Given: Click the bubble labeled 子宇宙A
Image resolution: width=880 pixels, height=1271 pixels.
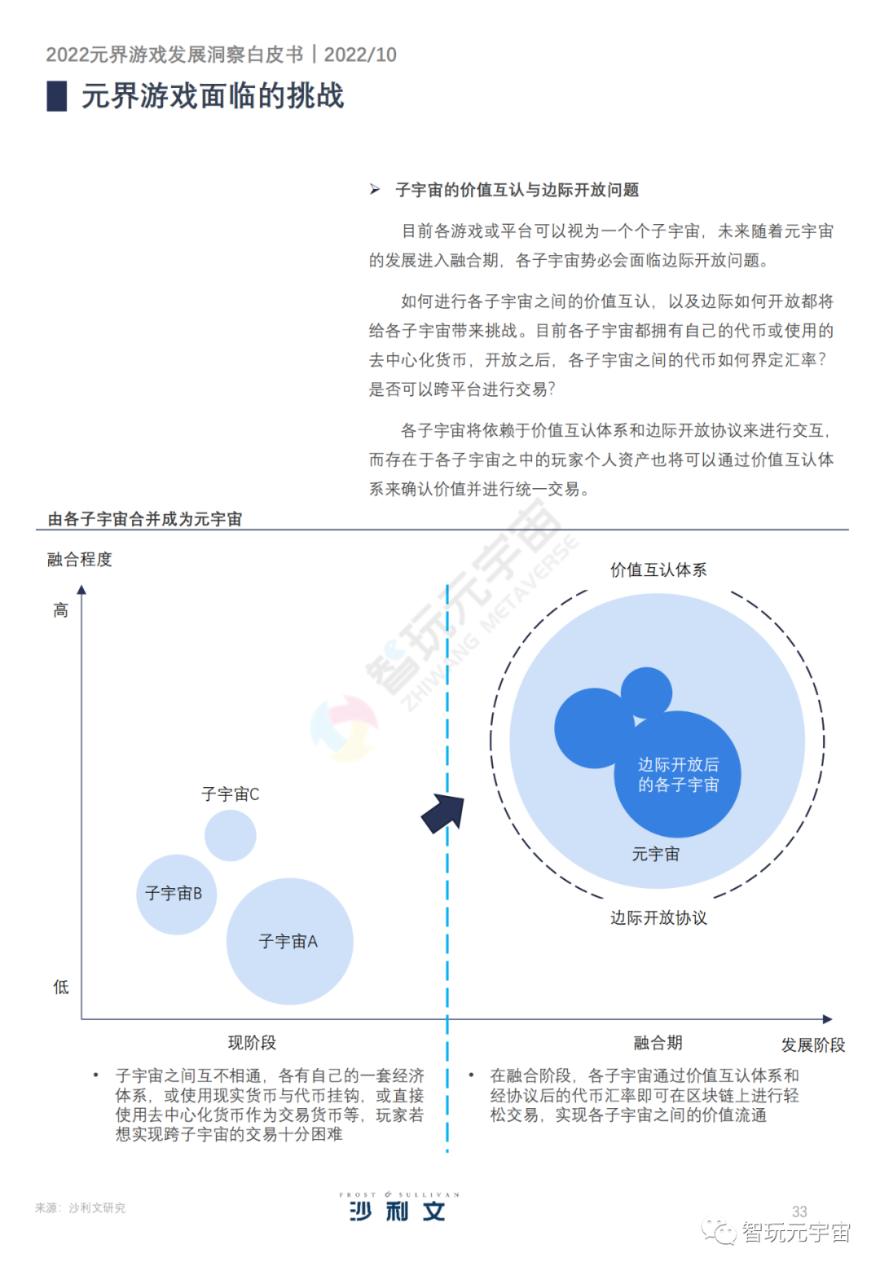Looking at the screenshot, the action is pyautogui.click(x=289, y=941).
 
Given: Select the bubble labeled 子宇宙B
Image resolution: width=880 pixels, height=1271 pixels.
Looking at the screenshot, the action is pyautogui.click(x=175, y=894).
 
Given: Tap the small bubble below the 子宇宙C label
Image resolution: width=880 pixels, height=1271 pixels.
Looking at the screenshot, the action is pyautogui.click(x=230, y=835).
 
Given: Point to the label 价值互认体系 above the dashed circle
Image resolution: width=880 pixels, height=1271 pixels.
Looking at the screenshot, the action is pyautogui.click(x=658, y=570).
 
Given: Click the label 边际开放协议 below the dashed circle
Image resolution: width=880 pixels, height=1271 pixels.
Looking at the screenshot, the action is pyautogui.click(x=658, y=917).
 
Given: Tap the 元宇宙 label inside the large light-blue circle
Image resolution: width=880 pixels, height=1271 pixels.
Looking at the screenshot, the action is pyautogui.click(x=655, y=854).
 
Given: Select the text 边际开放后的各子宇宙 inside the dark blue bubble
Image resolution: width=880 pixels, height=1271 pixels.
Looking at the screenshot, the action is pyautogui.click(x=678, y=774).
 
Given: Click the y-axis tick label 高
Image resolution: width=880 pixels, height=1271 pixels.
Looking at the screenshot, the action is pyautogui.click(x=61, y=610).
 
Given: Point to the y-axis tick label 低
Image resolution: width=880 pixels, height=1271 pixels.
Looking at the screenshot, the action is pyautogui.click(x=61, y=987).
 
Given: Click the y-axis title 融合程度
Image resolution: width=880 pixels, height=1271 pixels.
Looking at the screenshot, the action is pyautogui.click(x=80, y=559).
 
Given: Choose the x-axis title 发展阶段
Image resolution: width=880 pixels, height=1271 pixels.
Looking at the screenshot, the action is pyautogui.click(x=812, y=1045).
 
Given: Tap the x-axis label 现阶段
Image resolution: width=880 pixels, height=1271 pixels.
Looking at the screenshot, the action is pyautogui.click(x=252, y=1042).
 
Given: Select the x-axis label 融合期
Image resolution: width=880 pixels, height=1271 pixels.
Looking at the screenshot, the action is pyautogui.click(x=658, y=1042).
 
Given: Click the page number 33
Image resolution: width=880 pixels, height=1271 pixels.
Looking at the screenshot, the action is pyautogui.click(x=799, y=1212).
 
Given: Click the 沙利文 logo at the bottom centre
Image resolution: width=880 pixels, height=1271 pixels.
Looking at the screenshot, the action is pyautogui.click(x=398, y=1207).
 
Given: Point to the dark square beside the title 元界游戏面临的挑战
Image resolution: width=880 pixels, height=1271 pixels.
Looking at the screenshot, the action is pyautogui.click(x=57, y=96).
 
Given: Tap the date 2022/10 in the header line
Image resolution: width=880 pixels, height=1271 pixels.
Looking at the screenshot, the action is pyautogui.click(x=360, y=55).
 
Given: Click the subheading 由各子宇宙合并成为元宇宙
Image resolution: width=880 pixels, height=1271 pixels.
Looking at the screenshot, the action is pyautogui.click(x=145, y=519).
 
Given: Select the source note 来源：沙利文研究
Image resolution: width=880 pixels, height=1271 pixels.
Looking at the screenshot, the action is pyautogui.click(x=80, y=1207).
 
